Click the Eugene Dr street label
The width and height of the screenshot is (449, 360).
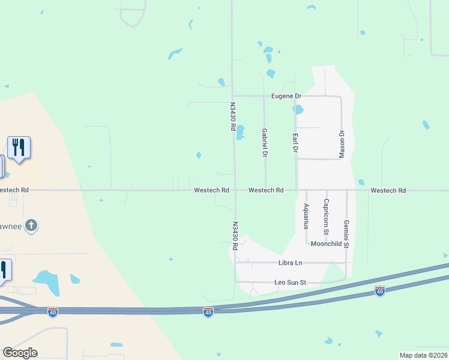point(286,96)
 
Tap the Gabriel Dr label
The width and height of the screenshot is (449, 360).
point(264,143)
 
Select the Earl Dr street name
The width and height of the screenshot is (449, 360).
point(295,142)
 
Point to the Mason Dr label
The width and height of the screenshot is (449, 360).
point(342,143)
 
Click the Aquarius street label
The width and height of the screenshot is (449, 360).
point(306,216)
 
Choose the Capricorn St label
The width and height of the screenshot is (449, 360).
point(326,216)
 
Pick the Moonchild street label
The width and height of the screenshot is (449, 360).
point(326,244)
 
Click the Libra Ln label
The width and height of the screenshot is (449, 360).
point(291,263)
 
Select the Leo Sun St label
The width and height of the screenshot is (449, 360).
point(291,282)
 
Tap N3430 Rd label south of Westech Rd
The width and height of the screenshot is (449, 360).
point(236,236)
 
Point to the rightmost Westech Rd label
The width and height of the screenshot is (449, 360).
point(388,190)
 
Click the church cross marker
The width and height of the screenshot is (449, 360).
point(32,226)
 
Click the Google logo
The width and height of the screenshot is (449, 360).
point(20,353)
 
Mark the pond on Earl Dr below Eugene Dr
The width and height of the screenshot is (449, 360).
point(298,110)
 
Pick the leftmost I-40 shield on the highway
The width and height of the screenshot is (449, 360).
point(53,311)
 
